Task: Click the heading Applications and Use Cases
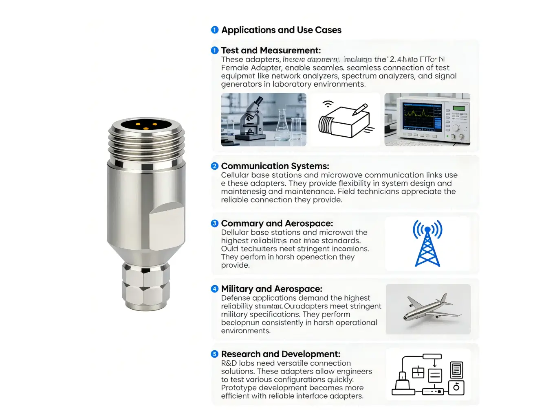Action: coord(281,30)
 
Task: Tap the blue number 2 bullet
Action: coord(215,166)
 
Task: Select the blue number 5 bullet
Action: coord(215,354)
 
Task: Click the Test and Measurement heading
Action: coord(271,50)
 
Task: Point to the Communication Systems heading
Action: coord(275,166)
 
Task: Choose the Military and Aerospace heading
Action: coord(271,289)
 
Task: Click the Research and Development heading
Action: coord(280,354)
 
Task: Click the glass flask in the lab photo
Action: coord(282,128)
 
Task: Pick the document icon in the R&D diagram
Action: coord(456,370)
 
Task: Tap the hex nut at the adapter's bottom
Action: coord(145,285)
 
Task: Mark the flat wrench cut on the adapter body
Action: coord(166,224)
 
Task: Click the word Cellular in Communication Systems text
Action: coord(235,175)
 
